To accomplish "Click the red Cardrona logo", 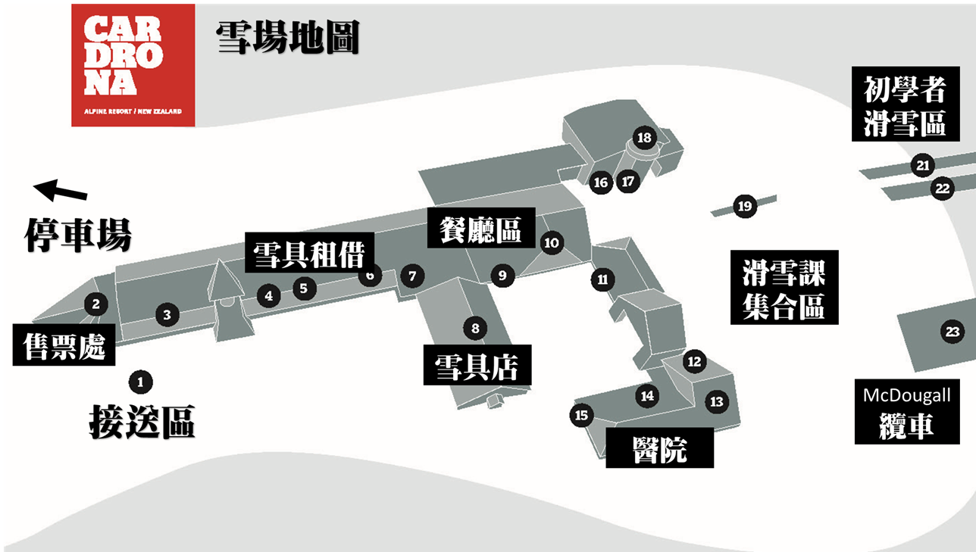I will (133, 65).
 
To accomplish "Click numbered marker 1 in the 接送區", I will (140, 382).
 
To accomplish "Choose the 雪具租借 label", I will (308, 253).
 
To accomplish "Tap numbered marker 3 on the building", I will (167, 315).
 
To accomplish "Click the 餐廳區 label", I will (481, 227).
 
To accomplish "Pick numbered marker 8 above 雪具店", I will (475, 328).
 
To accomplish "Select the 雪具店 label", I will (477, 366).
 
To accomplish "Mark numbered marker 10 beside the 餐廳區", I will (551, 242).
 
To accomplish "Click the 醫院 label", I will (659, 448).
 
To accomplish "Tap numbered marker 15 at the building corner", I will (581, 415).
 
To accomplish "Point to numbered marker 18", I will (644, 138).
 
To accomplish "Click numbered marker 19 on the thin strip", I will (744, 206).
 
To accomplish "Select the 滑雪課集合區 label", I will (784, 287).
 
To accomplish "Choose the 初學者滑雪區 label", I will (905, 104).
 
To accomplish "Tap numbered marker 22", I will (942, 189).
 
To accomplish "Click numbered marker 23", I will (952, 331).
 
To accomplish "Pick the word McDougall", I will (906, 395).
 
